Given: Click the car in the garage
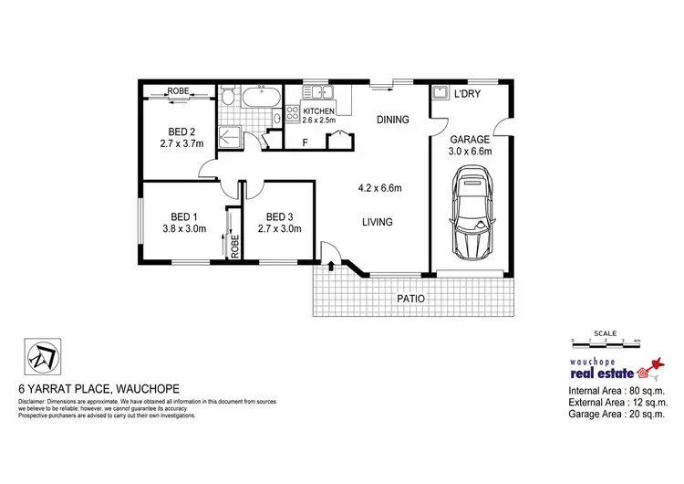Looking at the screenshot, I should click(473, 213).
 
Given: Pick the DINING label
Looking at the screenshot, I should click(393, 120).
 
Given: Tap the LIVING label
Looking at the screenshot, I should click(377, 222).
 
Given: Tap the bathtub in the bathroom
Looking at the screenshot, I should click(260, 96).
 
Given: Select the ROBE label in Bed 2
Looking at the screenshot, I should click(179, 91).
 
